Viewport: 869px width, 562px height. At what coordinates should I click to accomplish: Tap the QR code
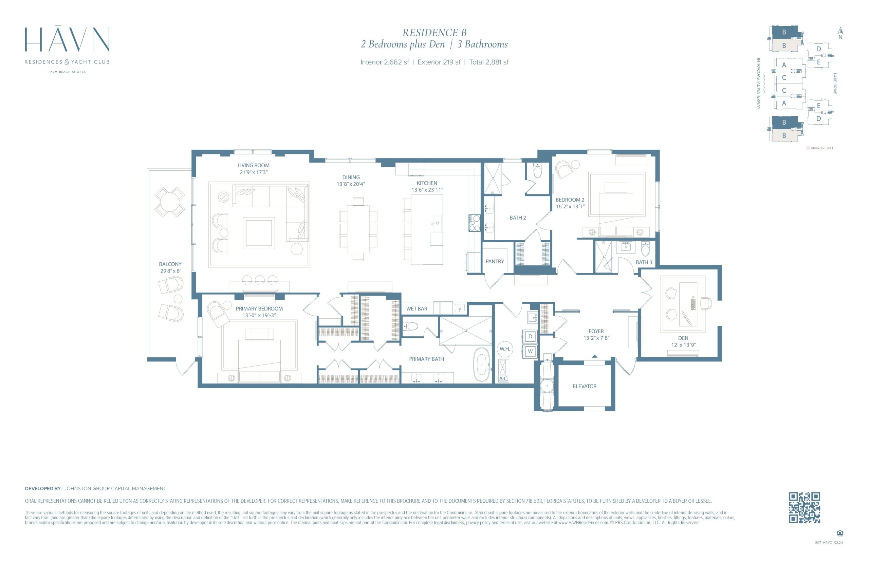[805, 507]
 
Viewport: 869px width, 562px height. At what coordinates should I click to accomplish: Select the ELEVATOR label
[584, 386]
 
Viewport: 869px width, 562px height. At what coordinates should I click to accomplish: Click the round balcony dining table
[169, 202]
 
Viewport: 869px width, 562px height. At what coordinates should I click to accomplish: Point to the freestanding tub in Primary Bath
[481, 364]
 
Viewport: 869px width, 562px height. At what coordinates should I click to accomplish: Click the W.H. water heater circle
[505, 349]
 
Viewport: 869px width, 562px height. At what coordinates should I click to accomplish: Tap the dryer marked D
[530, 336]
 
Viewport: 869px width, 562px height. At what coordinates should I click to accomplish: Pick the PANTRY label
[495, 261]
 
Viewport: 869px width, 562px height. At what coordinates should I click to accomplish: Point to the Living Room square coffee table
[259, 232]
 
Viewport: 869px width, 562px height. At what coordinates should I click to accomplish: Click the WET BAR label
[417, 308]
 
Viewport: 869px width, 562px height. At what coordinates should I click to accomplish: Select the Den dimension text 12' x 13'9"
[683, 345]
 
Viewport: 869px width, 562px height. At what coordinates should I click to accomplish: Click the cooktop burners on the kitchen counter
[474, 223]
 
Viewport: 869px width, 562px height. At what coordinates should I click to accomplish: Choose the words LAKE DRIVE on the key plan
[835, 84]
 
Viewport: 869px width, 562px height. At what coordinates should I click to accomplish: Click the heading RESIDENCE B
[434, 33]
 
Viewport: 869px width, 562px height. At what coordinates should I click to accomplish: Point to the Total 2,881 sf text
[489, 62]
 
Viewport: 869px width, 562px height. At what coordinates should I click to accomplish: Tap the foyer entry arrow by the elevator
[594, 356]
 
